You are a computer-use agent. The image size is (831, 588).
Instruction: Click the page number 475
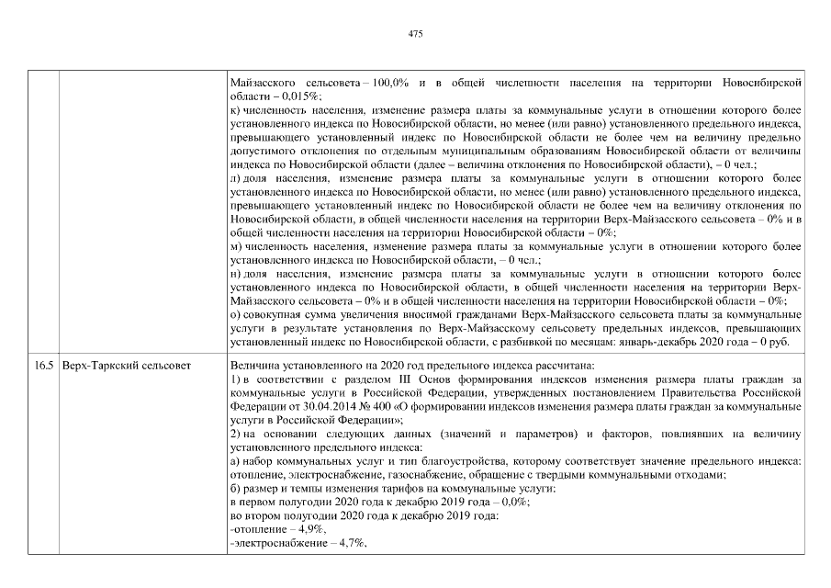click(x=415, y=34)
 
